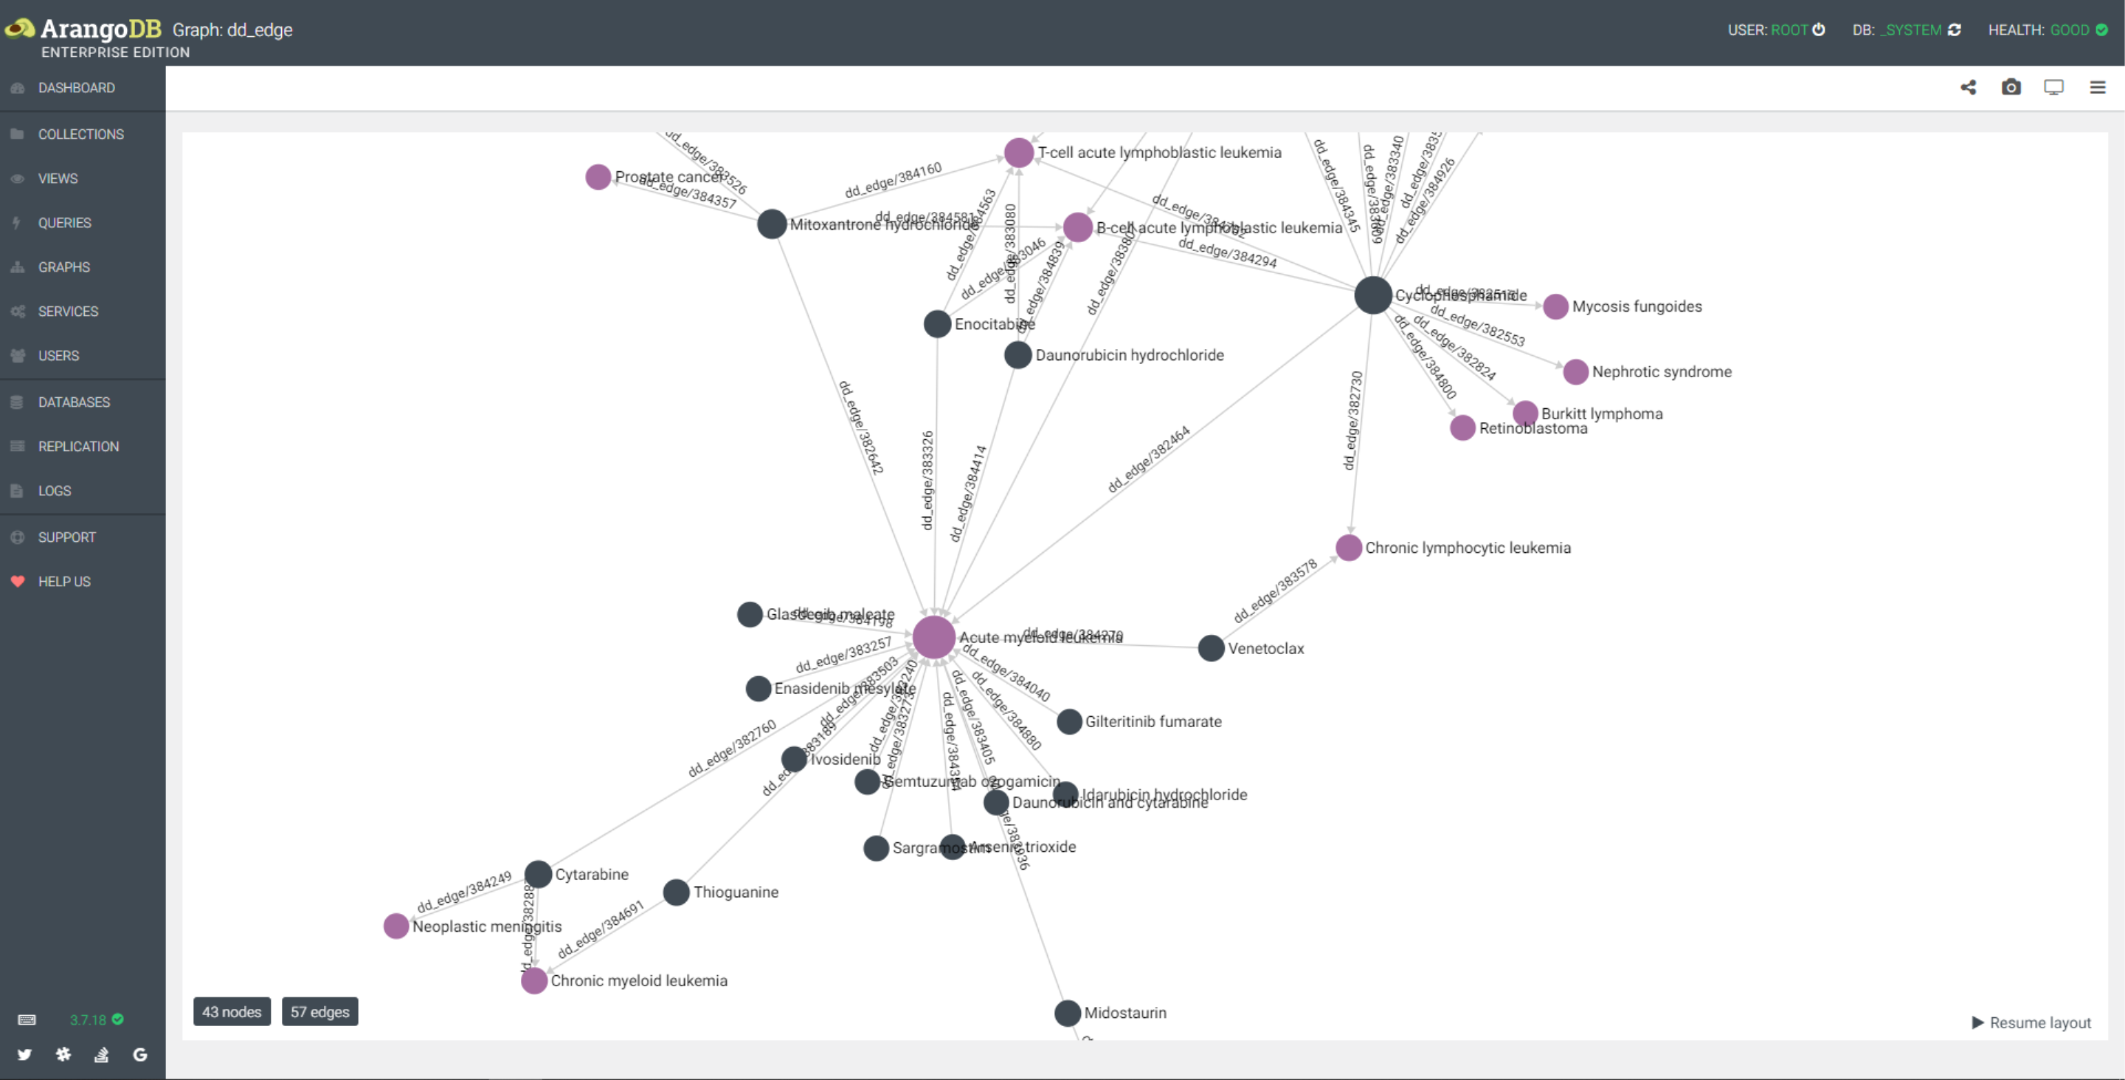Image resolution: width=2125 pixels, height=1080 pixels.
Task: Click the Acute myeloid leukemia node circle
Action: click(934, 637)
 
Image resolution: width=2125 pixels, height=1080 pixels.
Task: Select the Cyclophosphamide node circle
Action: click(1372, 295)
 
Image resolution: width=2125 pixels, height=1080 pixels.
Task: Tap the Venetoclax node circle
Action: click(1210, 648)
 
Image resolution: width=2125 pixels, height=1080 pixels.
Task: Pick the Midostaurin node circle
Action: click(1068, 1012)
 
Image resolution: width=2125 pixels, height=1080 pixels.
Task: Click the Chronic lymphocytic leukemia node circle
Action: click(1348, 548)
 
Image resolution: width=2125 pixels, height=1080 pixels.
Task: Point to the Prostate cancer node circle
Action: click(598, 176)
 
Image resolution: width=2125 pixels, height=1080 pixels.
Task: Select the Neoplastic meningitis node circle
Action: click(396, 926)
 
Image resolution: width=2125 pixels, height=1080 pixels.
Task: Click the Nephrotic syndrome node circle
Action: click(1575, 371)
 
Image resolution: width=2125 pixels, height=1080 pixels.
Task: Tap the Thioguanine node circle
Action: click(676, 892)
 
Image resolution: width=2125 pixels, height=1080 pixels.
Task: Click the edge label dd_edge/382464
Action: click(1148, 458)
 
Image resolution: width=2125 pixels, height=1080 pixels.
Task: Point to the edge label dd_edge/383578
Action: click(1274, 591)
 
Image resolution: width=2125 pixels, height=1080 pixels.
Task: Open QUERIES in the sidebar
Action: click(64, 223)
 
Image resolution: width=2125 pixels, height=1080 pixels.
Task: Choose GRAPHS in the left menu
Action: click(63, 267)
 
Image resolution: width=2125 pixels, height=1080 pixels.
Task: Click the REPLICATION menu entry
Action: click(78, 447)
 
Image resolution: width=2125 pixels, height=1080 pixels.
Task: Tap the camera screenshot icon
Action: click(2011, 87)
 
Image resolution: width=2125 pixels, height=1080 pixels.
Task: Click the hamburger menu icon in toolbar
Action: click(2097, 87)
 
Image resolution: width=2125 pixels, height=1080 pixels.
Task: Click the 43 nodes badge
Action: click(232, 1011)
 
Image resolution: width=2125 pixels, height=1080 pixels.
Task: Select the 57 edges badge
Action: click(320, 1011)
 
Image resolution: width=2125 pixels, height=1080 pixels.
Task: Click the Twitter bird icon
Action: click(25, 1054)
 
